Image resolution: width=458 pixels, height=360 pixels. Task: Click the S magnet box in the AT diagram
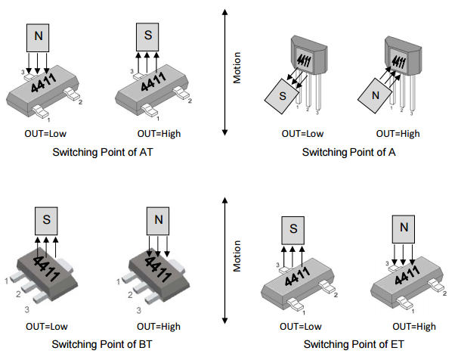[147, 36]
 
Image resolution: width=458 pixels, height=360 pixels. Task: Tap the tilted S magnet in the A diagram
[282, 97]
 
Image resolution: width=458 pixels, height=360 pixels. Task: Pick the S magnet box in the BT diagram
[47, 219]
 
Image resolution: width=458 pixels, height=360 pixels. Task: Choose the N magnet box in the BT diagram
[158, 219]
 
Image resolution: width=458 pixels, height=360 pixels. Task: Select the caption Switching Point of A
[350, 152]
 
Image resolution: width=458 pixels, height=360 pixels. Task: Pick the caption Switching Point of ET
[350, 345]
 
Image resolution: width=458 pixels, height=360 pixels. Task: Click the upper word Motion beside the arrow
[237, 68]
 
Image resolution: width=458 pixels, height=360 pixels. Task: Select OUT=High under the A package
[399, 134]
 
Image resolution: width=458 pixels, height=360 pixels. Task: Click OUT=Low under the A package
[302, 134]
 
